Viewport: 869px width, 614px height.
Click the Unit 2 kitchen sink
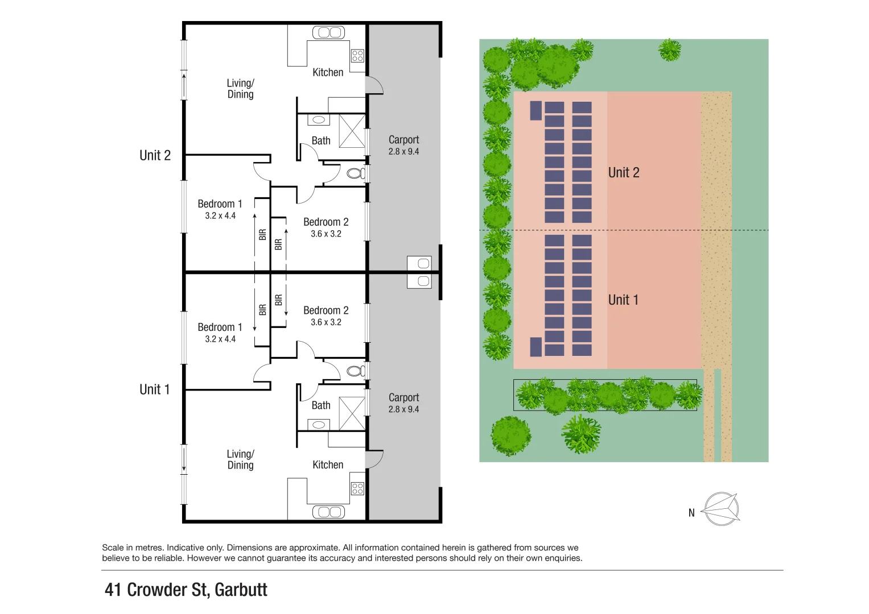pyautogui.click(x=328, y=32)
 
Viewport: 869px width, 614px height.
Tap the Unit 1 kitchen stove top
pyautogui.click(x=357, y=488)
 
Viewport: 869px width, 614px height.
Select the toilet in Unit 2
pyautogui.click(x=356, y=173)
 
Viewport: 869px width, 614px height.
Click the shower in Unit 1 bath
pyautogui.click(x=352, y=413)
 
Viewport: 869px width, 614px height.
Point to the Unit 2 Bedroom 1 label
pyautogui.click(x=220, y=204)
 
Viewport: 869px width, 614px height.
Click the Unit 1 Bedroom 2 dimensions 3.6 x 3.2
pyautogui.click(x=326, y=322)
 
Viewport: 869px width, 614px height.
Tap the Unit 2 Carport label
pyautogui.click(x=403, y=140)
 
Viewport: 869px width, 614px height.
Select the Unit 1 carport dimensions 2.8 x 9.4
pyautogui.click(x=403, y=409)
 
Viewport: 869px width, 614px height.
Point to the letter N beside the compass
pyautogui.click(x=691, y=513)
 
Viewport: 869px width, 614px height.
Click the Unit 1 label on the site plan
pyautogui.click(x=623, y=300)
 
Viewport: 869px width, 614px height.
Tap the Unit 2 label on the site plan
pyautogui.click(x=624, y=173)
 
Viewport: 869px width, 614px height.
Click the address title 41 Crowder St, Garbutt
pyautogui.click(x=186, y=590)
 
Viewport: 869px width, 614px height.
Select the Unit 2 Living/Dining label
pyautogui.click(x=240, y=89)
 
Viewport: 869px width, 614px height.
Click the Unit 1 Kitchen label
pyautogui.click(x=328, y=465)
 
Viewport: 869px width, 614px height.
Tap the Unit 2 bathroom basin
pyautogui.click(x=319, y=120)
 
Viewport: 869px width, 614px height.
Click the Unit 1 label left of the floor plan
pyautogui.click(x=154, y=389)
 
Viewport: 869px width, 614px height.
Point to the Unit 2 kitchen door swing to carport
pyautogui.click(x=374, y=85)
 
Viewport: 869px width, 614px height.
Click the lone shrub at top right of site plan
pyautogui.click(x=670, y=50)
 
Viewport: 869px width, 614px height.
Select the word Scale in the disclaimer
pyautogui.click(x=113, y=547)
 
